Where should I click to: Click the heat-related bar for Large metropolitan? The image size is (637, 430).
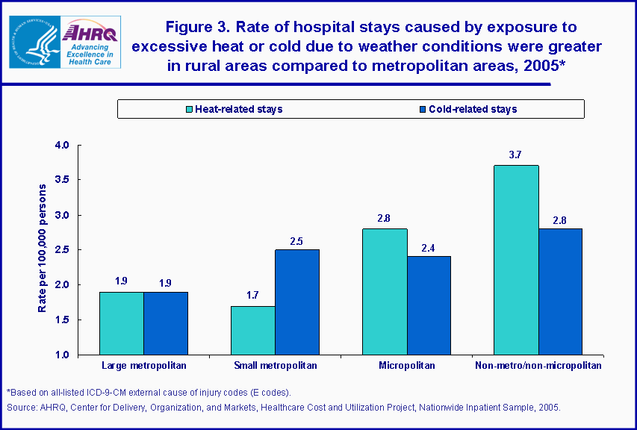[122, 323]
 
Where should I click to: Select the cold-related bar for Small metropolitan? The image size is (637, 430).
[297, 302]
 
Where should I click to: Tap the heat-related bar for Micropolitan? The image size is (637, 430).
[385, 292]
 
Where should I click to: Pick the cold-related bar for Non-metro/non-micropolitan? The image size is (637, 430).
[560, 292]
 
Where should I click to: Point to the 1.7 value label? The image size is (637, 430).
[253, 295]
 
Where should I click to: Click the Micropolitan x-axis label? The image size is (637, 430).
[406, 366]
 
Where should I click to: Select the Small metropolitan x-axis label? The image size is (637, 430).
[275, 366]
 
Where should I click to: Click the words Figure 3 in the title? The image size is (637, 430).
[196, 28]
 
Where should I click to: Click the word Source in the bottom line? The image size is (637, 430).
[22, 408]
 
